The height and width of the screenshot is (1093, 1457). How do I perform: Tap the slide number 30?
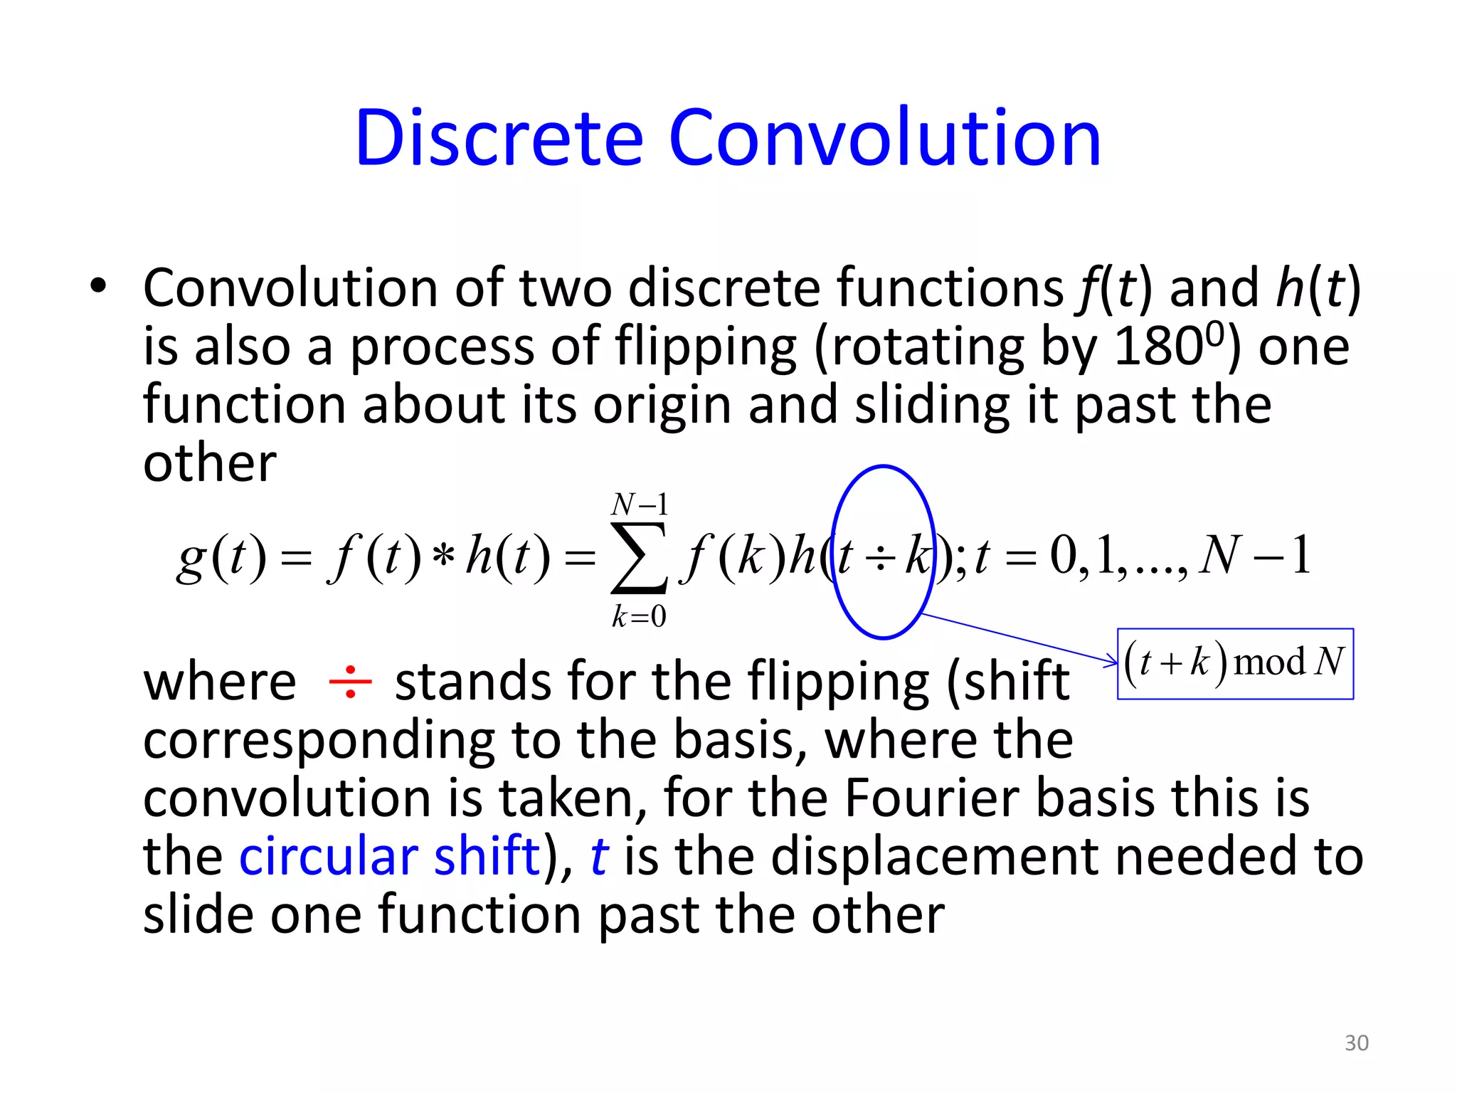pos(1356,1042)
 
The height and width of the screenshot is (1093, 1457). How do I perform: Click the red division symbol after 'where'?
pos(350,682)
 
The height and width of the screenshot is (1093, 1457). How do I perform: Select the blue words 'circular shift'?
pos(389,855)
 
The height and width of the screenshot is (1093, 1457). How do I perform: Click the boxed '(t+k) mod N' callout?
pos(1235,663)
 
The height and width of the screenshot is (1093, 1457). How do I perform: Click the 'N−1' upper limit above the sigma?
pos(640,505)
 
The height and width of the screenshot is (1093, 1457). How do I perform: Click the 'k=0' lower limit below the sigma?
pos(639,616)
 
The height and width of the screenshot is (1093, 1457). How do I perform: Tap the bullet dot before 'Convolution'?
pos(98,286)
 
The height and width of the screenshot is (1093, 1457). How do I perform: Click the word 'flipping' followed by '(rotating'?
pos(705,347)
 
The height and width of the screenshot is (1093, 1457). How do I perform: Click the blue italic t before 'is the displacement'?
pos(599,855)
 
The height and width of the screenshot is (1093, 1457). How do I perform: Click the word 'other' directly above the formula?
pos(209,463)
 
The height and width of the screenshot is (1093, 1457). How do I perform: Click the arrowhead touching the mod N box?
pos(1111,662)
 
